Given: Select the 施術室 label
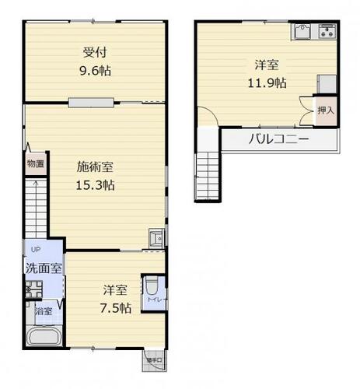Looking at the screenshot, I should tap(96, 166).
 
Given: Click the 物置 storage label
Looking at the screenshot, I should tap(35, 164).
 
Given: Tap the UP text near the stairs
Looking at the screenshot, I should tap(35, 249).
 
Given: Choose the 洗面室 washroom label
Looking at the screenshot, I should tap(44, 267).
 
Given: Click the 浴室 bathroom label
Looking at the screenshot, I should tap(44, 311).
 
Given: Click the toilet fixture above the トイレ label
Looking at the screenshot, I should tap(152, 283).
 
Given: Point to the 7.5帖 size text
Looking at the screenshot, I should tap(115, 308).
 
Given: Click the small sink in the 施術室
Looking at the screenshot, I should tap(156, 237).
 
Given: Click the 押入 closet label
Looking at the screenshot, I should tap(325, 110).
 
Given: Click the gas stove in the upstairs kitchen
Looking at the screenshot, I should tap(327, 32).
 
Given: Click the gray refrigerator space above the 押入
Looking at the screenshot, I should tap(327, 83).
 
